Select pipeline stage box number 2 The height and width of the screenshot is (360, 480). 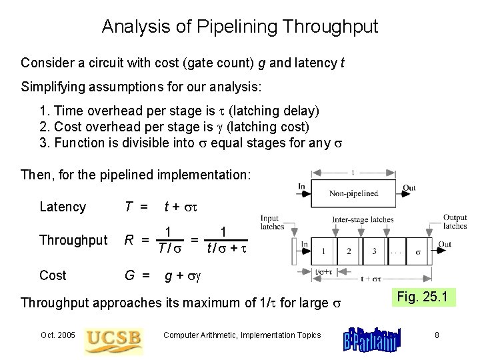346,251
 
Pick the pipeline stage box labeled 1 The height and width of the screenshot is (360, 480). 322,251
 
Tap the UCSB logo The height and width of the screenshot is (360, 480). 113,337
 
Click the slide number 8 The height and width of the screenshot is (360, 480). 437,335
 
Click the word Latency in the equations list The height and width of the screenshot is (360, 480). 63,207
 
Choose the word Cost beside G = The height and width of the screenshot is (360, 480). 53,275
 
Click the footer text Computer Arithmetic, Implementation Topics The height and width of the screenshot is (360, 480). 242,335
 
